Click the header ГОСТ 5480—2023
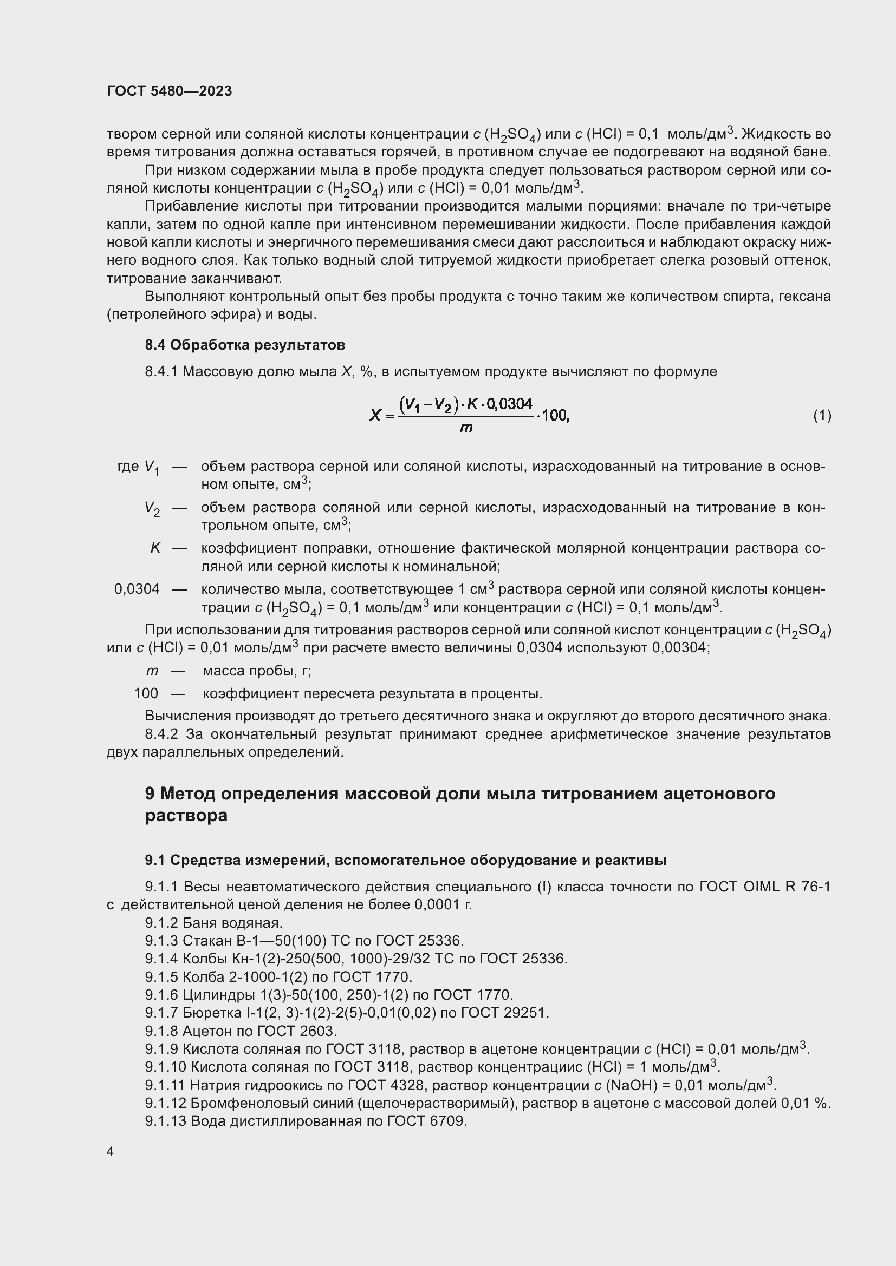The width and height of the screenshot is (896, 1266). (170, 91)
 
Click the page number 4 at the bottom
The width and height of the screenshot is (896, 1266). (111, 1152)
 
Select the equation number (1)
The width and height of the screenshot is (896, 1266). (822, 415)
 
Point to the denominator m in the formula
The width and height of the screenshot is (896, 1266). (466, 428)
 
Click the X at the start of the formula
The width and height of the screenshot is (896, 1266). (375, 415)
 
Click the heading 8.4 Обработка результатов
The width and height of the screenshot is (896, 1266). (245, 345)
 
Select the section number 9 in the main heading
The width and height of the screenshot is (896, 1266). (150, 793)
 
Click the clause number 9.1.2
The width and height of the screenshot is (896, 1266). (161, 923)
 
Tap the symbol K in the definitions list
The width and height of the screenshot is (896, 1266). (155, 548)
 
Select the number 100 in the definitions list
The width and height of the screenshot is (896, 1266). (146, 693)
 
